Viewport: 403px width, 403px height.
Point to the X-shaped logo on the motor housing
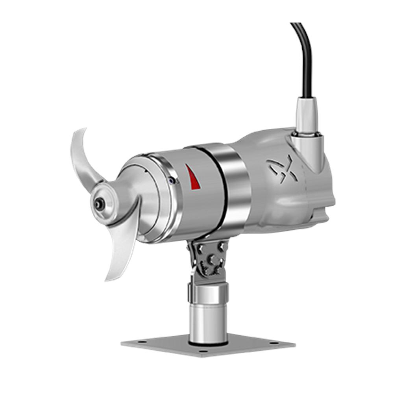(282, 168)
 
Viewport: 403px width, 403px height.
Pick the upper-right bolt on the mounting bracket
(222, 246)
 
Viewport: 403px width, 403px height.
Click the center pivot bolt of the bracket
(211, 260)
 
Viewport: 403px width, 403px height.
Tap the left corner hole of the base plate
(142, 342)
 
